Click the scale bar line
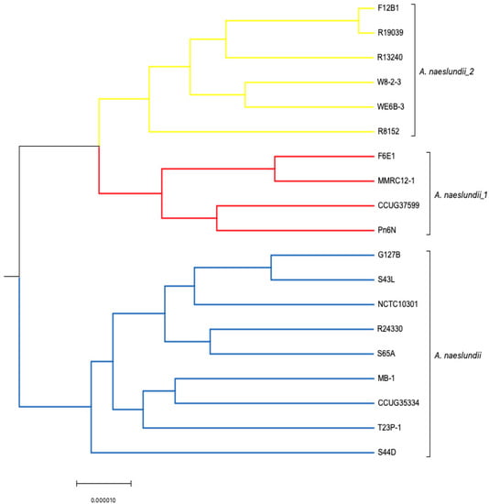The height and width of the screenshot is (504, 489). pyautogui.click(x=103, y=481)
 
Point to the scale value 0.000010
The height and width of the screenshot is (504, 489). pyautogui.click(x=103, y=499)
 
